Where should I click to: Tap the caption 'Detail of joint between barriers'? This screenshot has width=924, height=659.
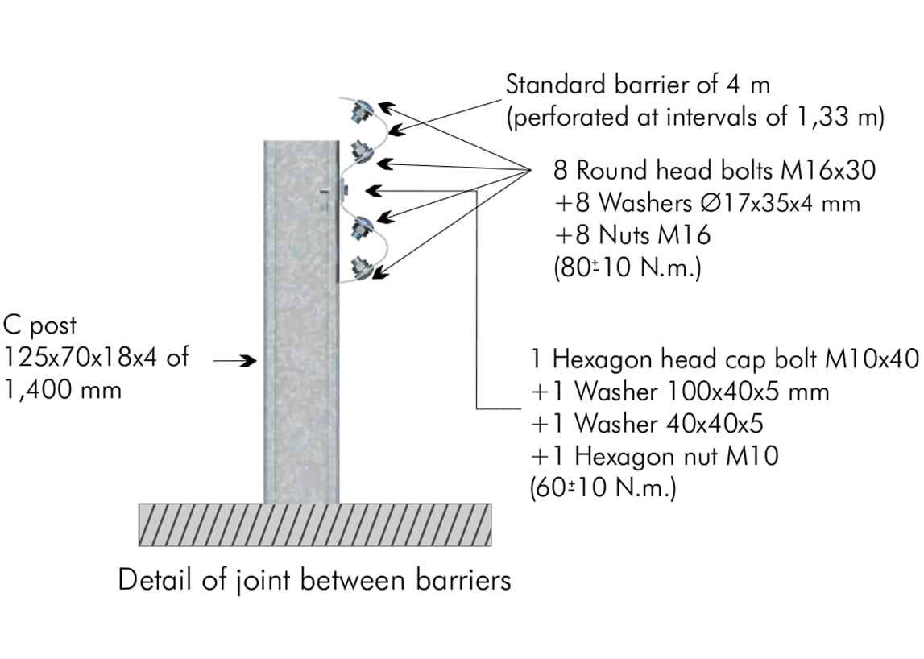click(314, 579)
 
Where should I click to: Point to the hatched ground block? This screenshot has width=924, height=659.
click(314, 524)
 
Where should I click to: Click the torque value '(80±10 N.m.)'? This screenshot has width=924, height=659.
click(627, 268)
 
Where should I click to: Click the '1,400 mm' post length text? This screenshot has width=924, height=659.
click(63, 391)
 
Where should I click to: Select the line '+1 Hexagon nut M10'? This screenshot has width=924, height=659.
click(655, 457)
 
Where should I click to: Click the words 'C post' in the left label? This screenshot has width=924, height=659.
click(40, 325)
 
